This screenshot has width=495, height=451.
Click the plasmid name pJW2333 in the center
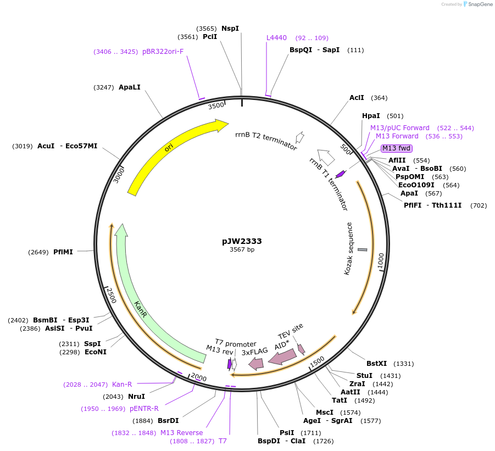click(x=242, y=242)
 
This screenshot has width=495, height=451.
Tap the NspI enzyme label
click(x=230, y=29)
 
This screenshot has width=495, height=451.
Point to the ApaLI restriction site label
click(x=130, y=87)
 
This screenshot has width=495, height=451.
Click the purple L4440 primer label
click(x=276, y=38)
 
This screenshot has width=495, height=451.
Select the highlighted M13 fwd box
click(x=396, y=148)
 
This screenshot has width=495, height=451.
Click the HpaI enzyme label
click(x=371, y=116)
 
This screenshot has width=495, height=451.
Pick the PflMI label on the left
click(x=63, y=252)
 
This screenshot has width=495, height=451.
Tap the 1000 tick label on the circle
click(x=381, y=261)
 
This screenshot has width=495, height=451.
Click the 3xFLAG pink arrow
click(x=256, y=364)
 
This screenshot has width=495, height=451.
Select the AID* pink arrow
click(x=282, y=357)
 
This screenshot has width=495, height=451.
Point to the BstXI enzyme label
click(x=377, y=364)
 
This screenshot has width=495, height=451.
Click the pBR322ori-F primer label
click(x=163, y=52)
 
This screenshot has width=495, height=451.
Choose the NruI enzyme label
click(x=136, y=397)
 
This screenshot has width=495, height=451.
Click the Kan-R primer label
click(x=122, y=385)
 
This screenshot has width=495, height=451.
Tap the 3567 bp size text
click(x=242, y=249)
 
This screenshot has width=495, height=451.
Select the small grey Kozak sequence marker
click(x=363, y=249)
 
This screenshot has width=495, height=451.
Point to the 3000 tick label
click(x=119, y=175)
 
